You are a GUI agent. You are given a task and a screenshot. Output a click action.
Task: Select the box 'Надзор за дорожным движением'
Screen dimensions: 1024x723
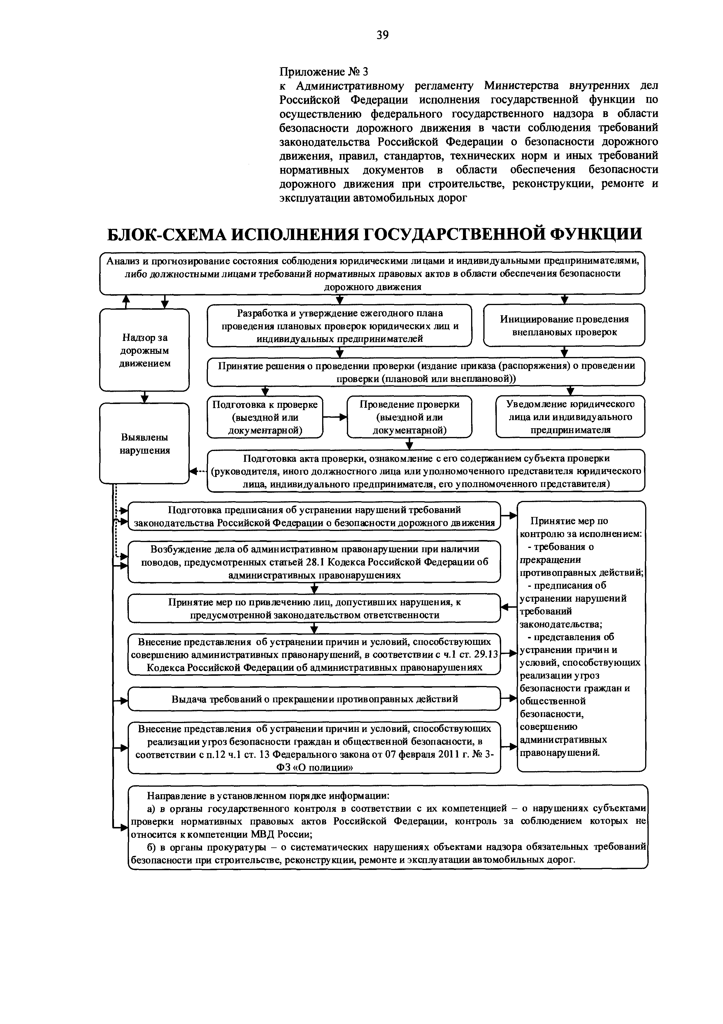click(144, 350)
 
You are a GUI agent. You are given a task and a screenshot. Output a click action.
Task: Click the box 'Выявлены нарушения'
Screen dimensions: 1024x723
click(144, 443)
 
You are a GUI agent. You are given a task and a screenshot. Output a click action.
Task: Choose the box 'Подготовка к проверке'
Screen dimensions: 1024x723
click(265, 417)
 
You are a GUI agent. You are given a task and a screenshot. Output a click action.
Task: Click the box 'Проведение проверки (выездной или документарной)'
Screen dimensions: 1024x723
click(409, 417)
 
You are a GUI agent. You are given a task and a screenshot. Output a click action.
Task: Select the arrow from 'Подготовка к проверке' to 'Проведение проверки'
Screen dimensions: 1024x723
click(335, 417)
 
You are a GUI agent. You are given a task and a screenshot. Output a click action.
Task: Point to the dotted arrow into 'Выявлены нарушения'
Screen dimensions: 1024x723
click(198, 471)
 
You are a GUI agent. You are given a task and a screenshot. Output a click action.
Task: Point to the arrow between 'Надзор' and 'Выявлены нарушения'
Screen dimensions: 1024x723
click(144, 397)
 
